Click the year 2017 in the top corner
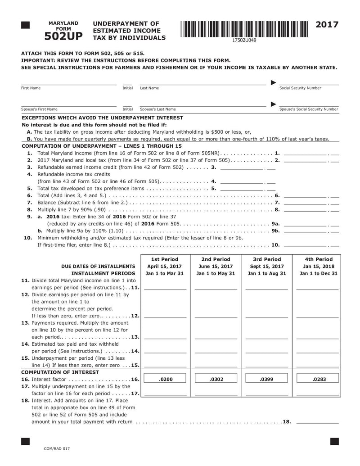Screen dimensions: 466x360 pyautogui.click(x=327, y=25)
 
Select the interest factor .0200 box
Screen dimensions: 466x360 pyautogui.click(x=166, y=379)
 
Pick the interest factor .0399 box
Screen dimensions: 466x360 pyautogui.click(x=266, y=379)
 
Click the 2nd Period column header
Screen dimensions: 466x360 pyautogui.click(x=216, y=259)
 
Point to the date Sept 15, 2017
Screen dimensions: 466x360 pyautogui.click(x=266, y=266)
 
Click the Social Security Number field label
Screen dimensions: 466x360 pyautogui.click(x=301, y=88)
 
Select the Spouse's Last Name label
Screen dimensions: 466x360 pyautogui.click(x=158, y=109)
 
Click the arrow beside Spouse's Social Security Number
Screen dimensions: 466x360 pyautogui.click(x=273, y=104)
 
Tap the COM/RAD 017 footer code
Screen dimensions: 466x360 pyautogui.click(x=57, y=449)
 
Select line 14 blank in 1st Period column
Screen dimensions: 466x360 pyautogui.click(x=165, y=351)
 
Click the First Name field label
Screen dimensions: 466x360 pyautogui.click(x=31, y=88)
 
